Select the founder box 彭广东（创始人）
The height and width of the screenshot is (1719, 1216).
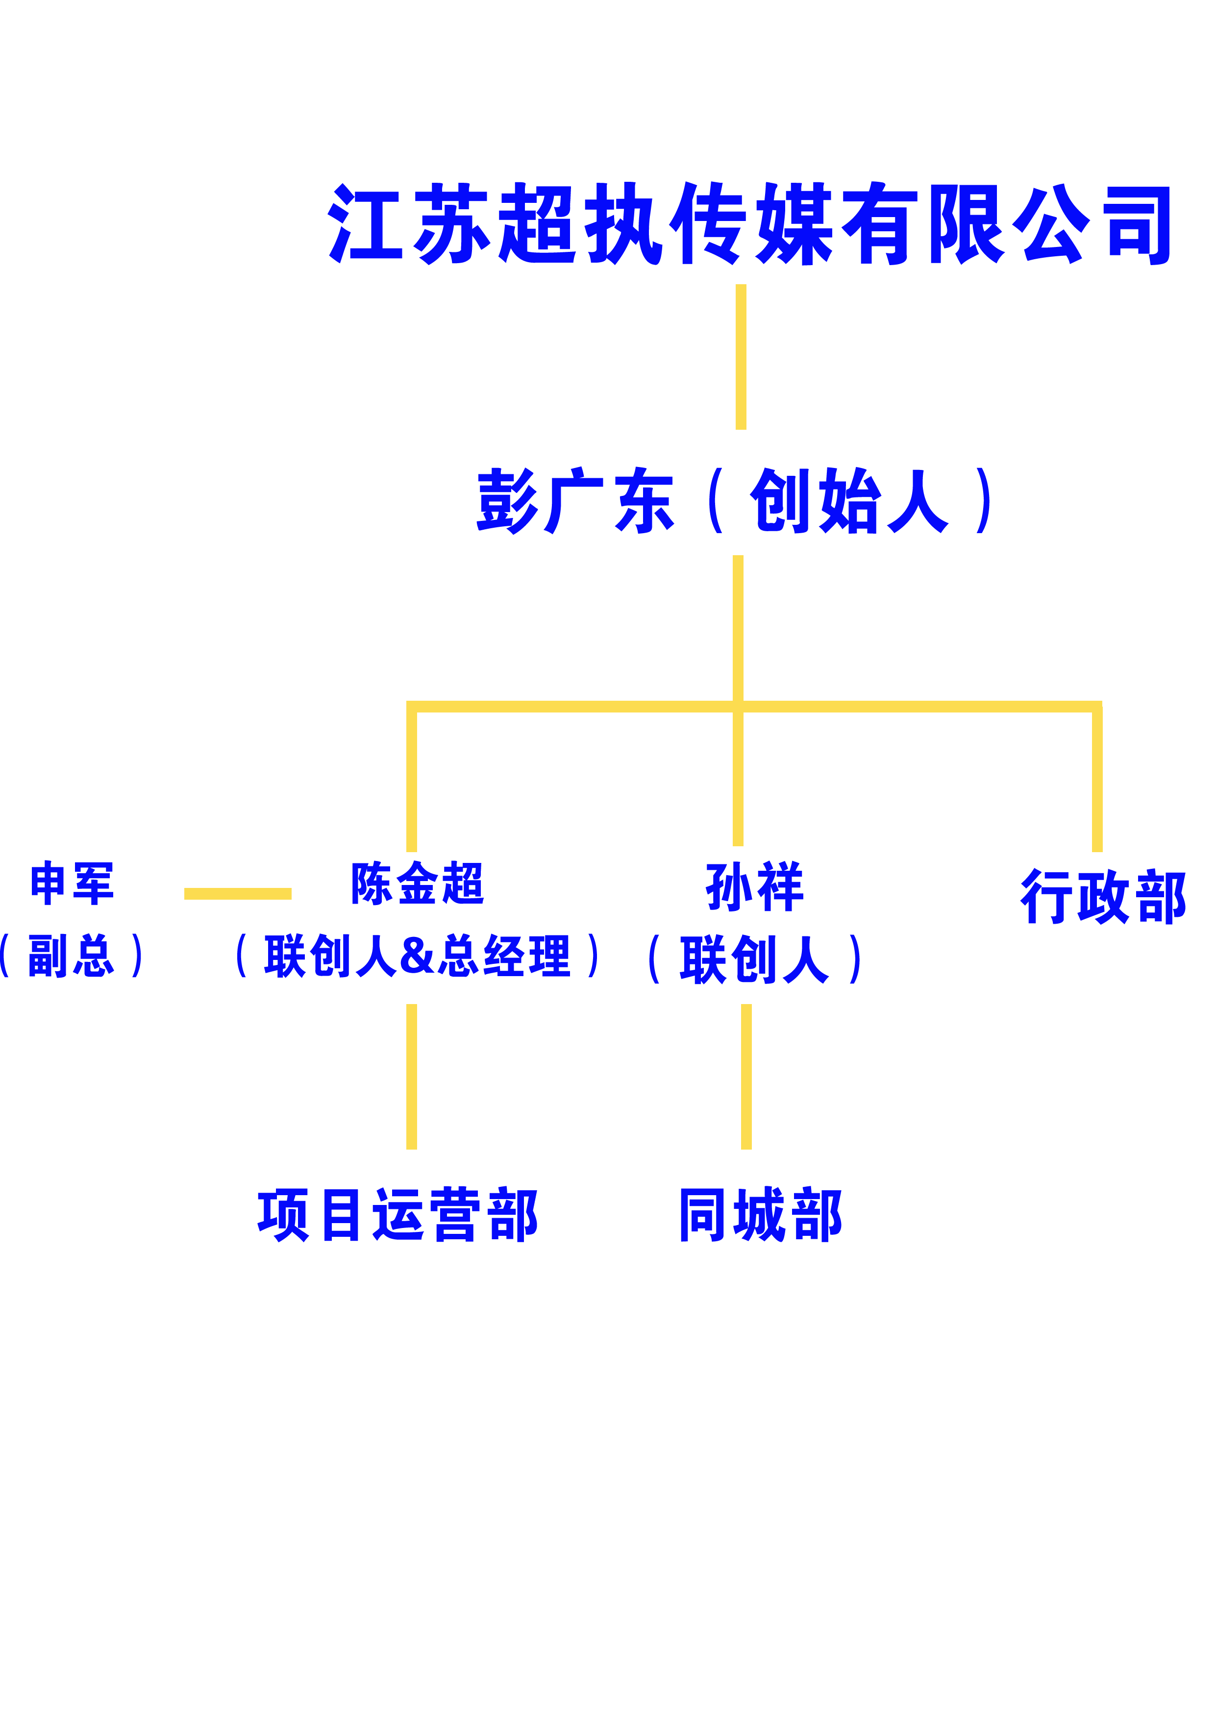(732, 500)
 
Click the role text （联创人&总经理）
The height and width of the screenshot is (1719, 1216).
(418, 956)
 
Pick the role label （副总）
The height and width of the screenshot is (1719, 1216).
(71, 956)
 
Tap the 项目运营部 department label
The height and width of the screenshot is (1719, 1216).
(397, 1214)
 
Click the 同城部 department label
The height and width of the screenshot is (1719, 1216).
(760, 1214)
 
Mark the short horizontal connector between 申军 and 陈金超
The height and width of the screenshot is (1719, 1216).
(237, 893)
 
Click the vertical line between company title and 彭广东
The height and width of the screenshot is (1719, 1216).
(741, 357)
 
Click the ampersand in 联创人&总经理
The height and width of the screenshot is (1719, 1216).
(417, 956)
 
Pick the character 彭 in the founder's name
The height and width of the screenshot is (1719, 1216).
(507, 500)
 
